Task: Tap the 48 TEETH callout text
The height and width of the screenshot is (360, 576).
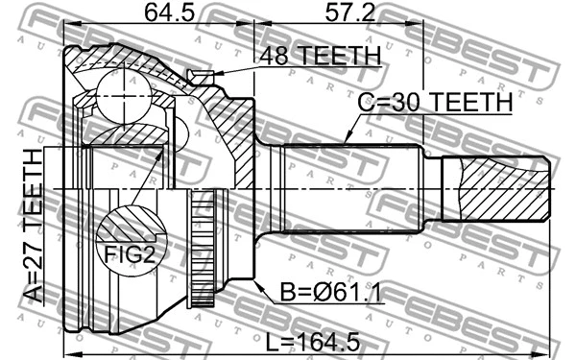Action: point(320,58)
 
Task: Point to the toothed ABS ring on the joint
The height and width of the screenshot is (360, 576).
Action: point(202,250)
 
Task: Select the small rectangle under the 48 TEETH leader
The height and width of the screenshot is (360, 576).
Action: point(202,77)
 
